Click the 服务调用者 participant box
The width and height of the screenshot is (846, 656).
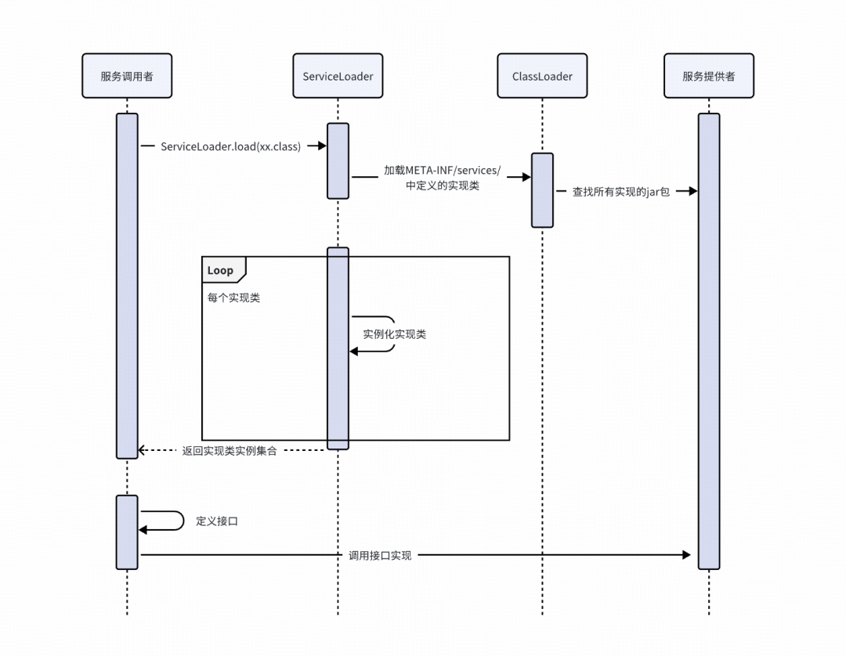click(127, 76)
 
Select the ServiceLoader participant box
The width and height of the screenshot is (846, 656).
click(338, 76)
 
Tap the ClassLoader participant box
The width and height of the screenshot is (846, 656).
click(542, 76)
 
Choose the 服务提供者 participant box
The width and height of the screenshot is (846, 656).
click(708, 76)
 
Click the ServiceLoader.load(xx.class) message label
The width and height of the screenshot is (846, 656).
click(230, 146)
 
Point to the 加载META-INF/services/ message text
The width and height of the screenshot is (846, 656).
click(441, 171)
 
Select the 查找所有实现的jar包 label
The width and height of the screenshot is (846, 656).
click(620, 191)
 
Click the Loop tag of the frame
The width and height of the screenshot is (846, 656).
click(222, 270)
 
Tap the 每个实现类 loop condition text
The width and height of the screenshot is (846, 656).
click(233, 298)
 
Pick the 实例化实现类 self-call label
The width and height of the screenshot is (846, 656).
click(394, 334)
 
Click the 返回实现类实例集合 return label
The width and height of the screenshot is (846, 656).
click(229, 451)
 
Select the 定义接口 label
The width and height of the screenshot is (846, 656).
click(216, 521)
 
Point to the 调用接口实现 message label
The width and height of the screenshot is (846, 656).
click(379, 555)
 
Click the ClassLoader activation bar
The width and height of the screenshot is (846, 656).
click(542, 190)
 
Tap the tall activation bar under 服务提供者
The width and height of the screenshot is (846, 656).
click(708, 341)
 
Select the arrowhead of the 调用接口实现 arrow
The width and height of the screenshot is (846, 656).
click(686, 555)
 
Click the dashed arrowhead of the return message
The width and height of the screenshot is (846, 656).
click(142, 450)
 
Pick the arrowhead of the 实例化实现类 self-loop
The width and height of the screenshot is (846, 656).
click(353, 351)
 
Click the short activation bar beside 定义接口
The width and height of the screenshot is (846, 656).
click(127, 532)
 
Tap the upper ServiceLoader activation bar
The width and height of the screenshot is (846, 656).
click(338, 160)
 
